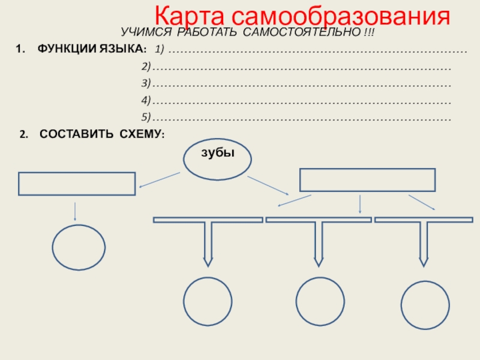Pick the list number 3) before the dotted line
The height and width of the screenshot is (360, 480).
[145, 82]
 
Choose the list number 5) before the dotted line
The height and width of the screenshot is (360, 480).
[145, 116]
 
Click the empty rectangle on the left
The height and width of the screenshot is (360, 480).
[77, 184]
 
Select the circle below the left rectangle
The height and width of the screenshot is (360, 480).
[79, 247]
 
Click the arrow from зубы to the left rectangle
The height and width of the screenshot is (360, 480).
[160, 179]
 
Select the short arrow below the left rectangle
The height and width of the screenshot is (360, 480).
[75, 211]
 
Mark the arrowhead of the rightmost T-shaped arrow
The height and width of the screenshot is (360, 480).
[424, 262]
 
